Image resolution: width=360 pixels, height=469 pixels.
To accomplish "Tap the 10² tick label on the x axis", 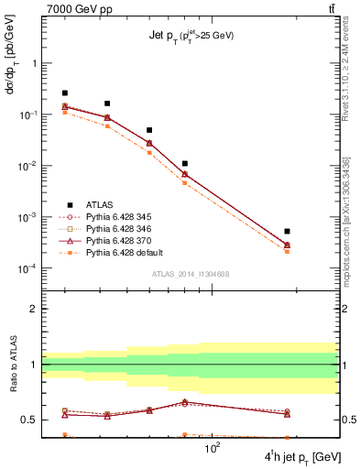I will point(213,449).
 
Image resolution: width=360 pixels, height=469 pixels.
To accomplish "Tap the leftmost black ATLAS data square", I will point(65,93).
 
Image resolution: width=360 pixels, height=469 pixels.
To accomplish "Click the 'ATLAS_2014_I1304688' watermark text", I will point(190,274).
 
